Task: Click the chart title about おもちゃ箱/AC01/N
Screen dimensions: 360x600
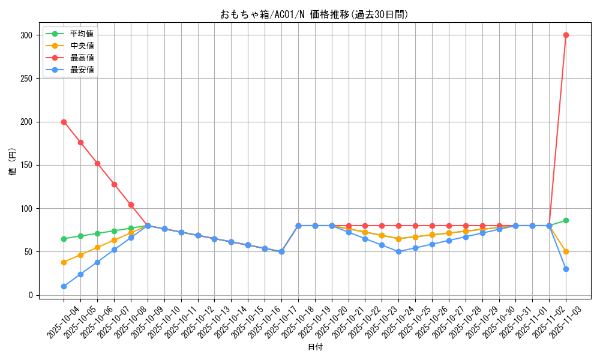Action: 314,14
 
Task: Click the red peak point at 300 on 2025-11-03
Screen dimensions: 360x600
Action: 566,35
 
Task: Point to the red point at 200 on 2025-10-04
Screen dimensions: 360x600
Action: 64,122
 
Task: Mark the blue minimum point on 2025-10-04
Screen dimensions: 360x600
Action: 64,286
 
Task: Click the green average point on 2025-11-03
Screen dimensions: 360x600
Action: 566,220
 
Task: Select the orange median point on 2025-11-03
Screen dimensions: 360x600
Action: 566,251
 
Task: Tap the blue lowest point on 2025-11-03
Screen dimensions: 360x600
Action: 566,269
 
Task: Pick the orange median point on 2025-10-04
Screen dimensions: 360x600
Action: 64,262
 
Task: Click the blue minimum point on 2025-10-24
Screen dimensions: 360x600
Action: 398,251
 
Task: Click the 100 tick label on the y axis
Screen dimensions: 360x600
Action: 26,208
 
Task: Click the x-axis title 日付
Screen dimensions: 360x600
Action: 315,347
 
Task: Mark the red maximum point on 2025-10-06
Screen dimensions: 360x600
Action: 97,163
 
